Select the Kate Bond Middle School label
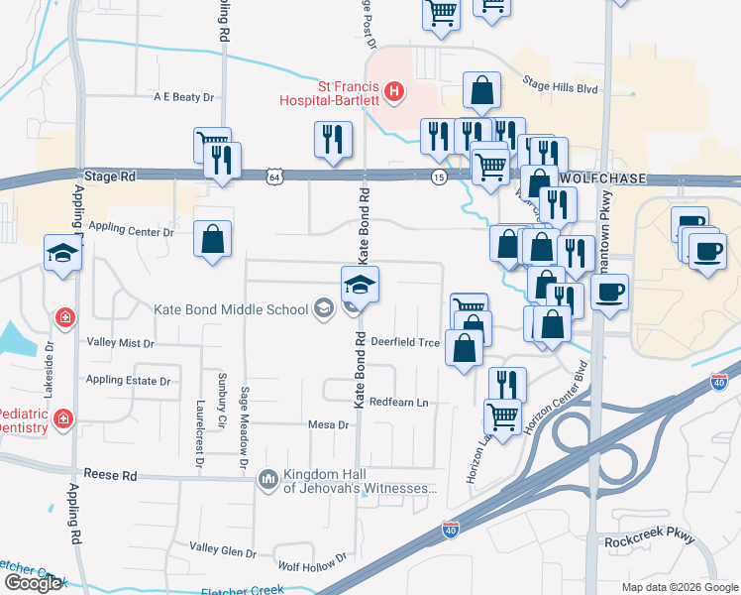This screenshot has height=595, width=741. (231, 309)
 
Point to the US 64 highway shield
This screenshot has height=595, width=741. (273, 177)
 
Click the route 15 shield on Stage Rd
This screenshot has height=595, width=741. (438, 177)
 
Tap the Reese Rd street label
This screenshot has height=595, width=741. (110, 475)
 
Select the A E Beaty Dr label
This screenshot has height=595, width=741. (184, 97)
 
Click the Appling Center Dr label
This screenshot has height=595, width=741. (131, 230)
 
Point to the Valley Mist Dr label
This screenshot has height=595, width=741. (121, 343)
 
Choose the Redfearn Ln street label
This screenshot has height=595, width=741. (398, 403)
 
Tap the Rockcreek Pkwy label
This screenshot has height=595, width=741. (650, 540)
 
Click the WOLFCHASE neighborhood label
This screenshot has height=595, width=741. (602, 178)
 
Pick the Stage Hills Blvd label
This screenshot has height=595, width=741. (561, 87)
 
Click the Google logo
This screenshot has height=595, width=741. (32, 582)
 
